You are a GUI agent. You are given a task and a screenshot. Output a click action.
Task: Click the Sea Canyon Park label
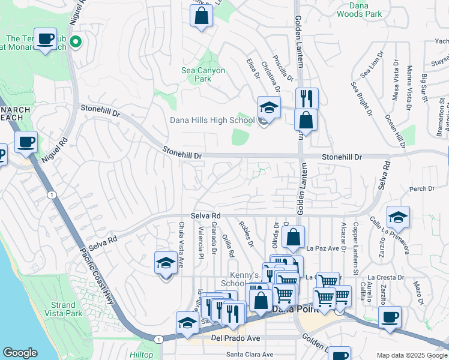pos(203,74)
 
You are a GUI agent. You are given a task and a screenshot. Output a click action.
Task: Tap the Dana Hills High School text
pos(212,120)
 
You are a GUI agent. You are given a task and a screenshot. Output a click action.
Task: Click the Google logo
pos(20,353)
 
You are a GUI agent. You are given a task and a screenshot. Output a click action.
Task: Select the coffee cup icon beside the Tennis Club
pos(45,39)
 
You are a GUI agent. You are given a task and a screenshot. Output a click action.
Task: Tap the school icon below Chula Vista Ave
pos(166,263)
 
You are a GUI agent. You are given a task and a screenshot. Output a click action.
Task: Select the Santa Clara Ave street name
pos(246,354)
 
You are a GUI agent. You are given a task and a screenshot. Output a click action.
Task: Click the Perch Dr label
pos(421,189)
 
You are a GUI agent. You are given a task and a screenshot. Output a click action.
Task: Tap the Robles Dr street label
pos(246,234)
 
